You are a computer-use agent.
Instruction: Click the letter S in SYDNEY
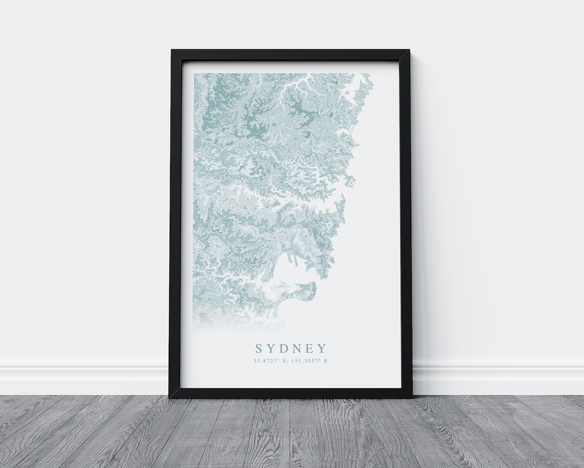pos(259,348)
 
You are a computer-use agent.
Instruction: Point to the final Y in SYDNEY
pos(321,348)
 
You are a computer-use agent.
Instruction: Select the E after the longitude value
pos(326,361)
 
